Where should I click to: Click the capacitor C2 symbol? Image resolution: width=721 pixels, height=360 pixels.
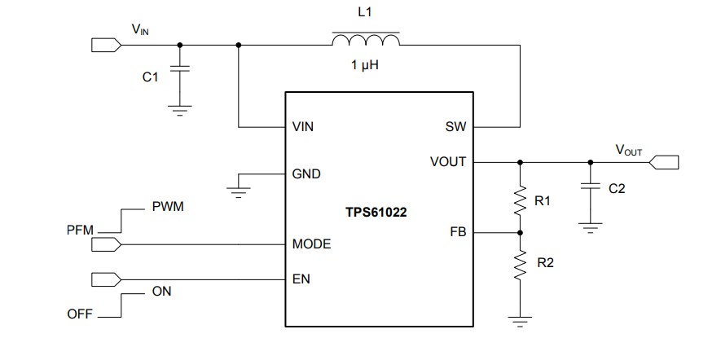tap(588, 187)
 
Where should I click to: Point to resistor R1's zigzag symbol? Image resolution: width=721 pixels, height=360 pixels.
tap(520, 200)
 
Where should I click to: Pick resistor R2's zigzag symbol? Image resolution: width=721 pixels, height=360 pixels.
tap(520, 263)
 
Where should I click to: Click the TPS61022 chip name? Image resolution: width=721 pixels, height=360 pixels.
tap(376, 212)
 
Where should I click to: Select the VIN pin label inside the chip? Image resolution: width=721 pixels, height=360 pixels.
tap(302, 128)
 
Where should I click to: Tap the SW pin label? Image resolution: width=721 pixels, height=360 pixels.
tap(456, 128)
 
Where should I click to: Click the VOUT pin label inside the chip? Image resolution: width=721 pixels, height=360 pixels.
tap(448, 162)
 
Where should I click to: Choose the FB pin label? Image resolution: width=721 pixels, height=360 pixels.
tap(458, 232)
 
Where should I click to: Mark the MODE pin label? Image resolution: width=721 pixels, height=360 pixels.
tap(311, 244)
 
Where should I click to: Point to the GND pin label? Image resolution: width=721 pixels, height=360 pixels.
tap(306, 174)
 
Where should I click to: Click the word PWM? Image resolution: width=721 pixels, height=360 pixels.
tap(168, 207)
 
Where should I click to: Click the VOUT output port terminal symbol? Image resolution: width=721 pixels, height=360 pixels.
tap(665, 162)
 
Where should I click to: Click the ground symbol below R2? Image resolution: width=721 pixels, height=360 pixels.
tap(520, 321)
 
